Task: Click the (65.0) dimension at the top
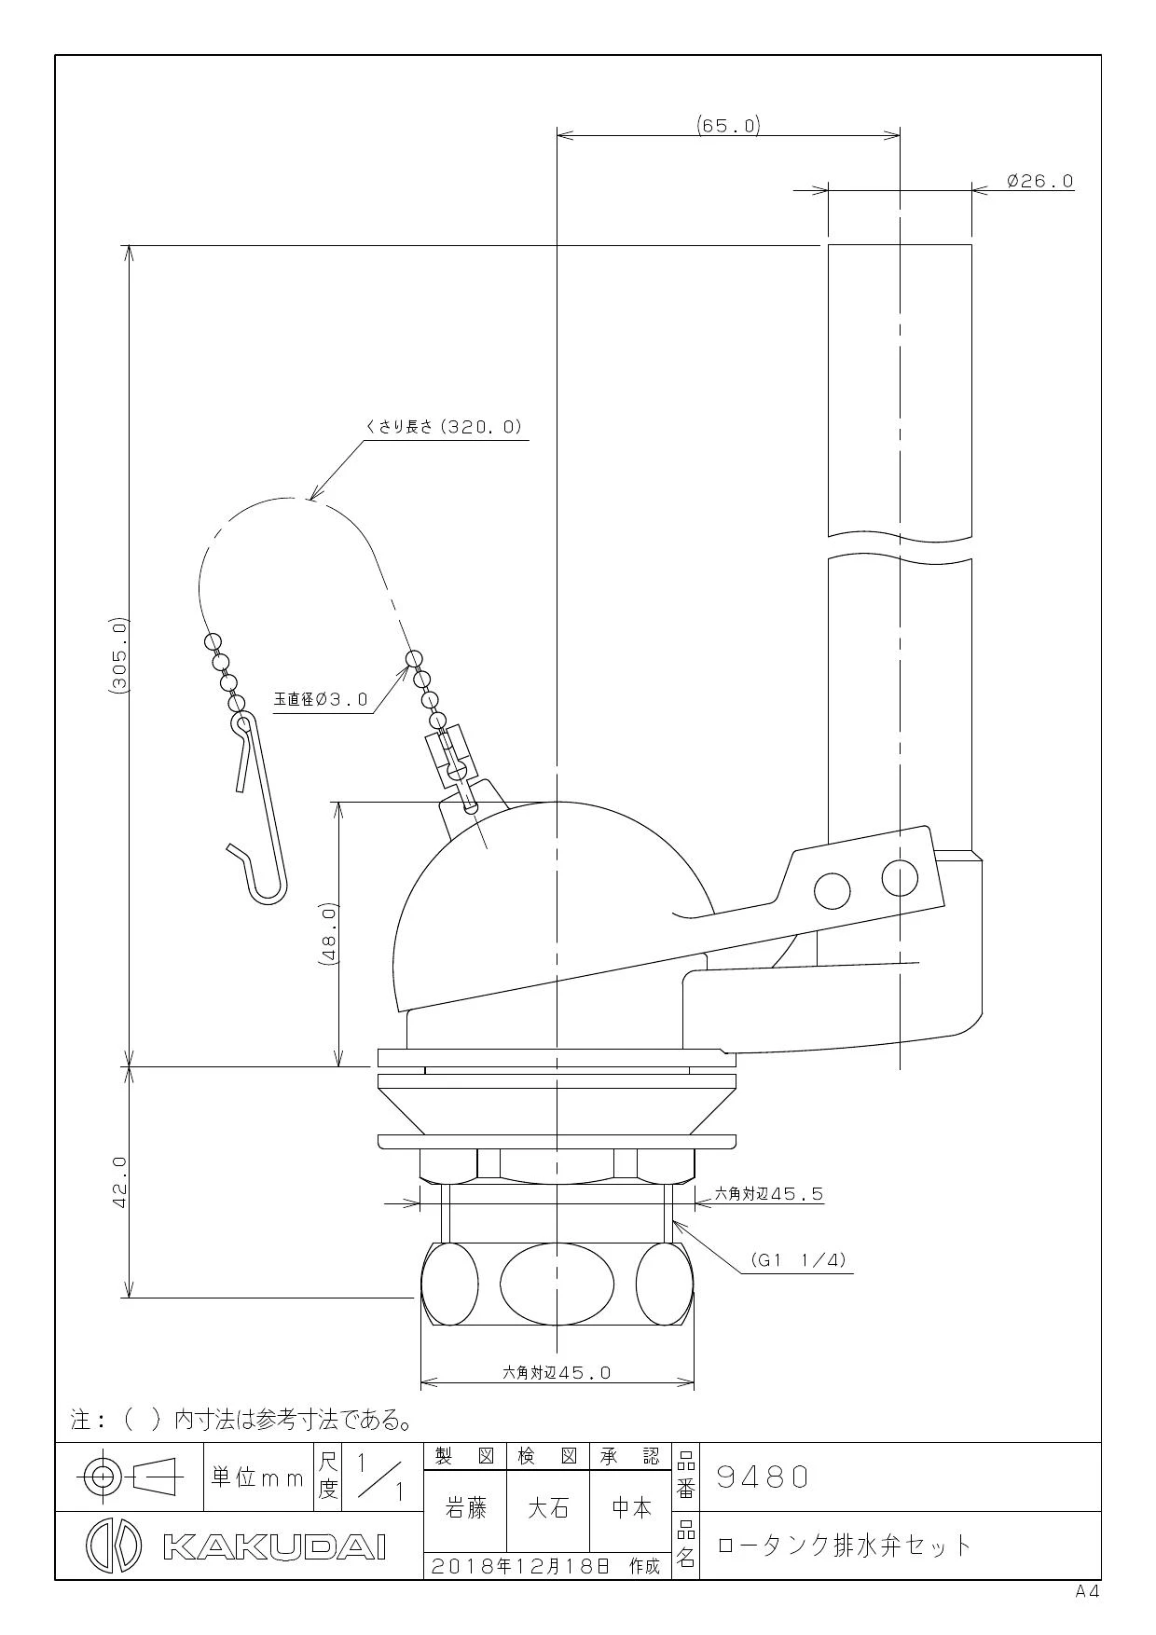pos(728,125)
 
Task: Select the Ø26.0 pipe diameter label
pos(1040,181)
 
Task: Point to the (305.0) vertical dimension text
pos(119,656)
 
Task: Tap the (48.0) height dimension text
pos(329,933)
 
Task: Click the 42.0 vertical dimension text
pos(119,1182)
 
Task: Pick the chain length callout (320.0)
pos(444,427)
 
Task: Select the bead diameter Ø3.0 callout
pos(321,698)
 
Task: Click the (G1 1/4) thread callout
pos(799,1260)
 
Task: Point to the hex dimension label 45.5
pos(769,1193)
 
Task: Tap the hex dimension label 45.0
pos(557,1372)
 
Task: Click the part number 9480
pos(763,1477)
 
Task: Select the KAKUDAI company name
pos(274,1546)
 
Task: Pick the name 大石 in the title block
pos(548,1508)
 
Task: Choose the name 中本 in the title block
pos(631,1508)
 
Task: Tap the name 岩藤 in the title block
pos(465,1508)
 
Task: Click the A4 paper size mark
pos(1087,1592)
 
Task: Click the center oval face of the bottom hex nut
pos(557,1283)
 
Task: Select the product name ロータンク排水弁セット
pos(845,1546)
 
